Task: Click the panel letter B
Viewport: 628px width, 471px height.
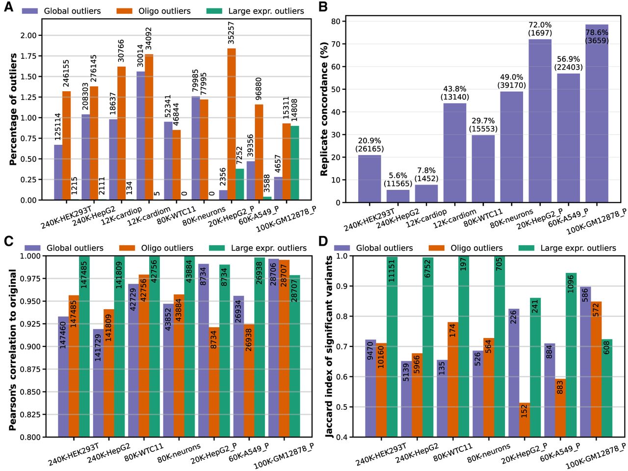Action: pyautogui.click(x=323, y=7)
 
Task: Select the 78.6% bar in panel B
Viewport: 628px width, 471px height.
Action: pyautogui.click(x=597, y=113)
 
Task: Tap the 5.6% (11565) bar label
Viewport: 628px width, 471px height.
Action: pyautogui.click(x=398, y=179)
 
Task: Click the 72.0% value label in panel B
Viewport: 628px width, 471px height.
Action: pyautogui.click(x=540, y=25)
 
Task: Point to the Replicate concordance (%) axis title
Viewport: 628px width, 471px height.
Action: pyautogui.click(x=324, y=109)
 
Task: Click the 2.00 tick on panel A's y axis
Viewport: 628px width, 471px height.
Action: pyautogui.click(x=28, y=35)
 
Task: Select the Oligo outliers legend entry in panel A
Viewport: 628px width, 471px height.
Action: pyautogui.click(x=153, y=11)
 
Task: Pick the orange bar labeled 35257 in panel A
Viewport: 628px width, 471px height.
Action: pyautogui.click(x=231, y=124)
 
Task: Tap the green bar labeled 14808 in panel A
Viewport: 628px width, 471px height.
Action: pyautogui.click(x=295, y=163)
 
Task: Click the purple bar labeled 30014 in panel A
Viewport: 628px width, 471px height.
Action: pyautogui.click(x=141, y=135)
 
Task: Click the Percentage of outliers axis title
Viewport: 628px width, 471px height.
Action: pyautogui.click(x=13, y=109)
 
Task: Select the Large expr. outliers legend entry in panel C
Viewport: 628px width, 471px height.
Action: pyautogui.click(x=258, y=248)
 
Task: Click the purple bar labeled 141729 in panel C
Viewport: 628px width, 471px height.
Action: pyautogui.click(x=98, y=383)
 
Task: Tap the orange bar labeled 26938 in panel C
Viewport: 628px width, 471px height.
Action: pyautogui.click(x=248, y=380)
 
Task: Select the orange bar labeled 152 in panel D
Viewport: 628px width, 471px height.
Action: pyautogui.click(x=524, y=420)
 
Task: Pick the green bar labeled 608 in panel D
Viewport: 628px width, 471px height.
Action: pyautogui.click(x=607, y=388)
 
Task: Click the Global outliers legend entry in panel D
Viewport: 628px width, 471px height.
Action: pyautogui.click(x=373, y=248)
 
